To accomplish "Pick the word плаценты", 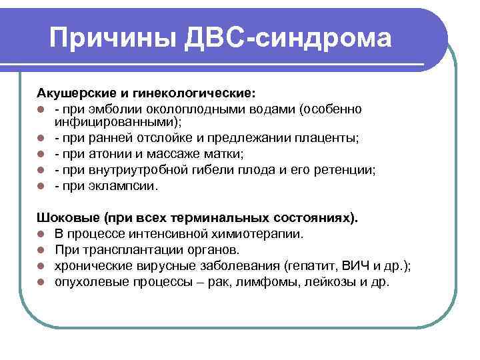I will click(x=326, y=138).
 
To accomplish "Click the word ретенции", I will click(x=347, y=170).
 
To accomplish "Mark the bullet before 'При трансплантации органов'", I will click(x=41, y=250).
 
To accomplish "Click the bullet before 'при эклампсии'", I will click(x=41, y=186).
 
